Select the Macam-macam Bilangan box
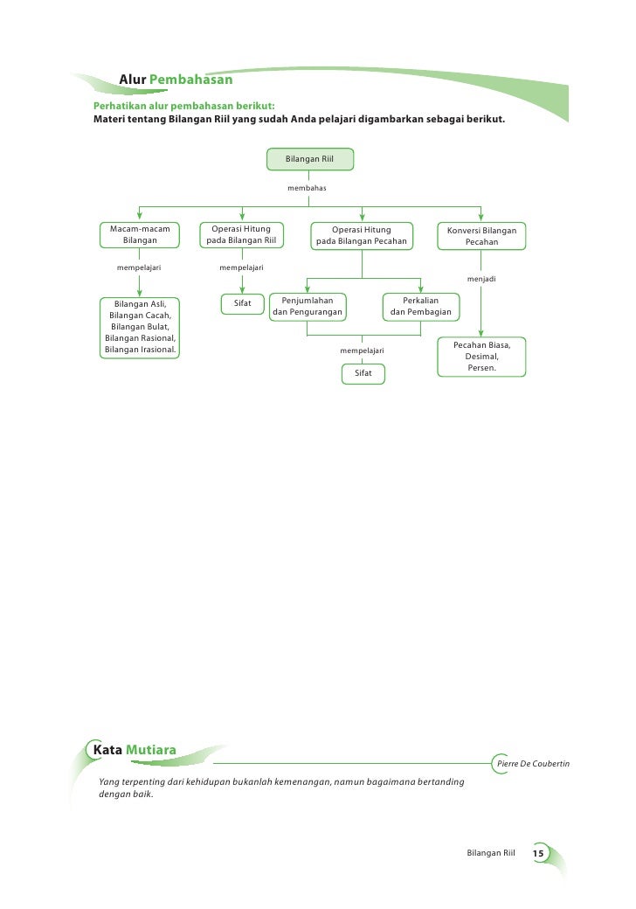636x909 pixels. [x=140, y=234]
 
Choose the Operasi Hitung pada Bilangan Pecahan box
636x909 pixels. [x=361, y=234]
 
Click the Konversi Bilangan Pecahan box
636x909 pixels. [x=481, y=234]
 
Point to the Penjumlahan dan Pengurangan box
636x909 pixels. [x=307, y=306]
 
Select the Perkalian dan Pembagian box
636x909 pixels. [x=420, y=306]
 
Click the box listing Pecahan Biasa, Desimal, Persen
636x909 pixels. [x=481, y=357]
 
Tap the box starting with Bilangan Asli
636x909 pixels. [x=140, y=327]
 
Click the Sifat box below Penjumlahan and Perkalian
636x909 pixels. [x=363, y=373]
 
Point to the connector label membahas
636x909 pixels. [x=307, y=188]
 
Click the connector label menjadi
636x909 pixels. [x=481, y=279]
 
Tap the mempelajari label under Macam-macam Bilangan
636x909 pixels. [x=139, y=267]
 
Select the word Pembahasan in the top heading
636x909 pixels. [x=190, y=81]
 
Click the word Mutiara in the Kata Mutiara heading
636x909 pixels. [x=151, y=749]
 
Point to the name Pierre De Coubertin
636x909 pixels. [x=532, y=764]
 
